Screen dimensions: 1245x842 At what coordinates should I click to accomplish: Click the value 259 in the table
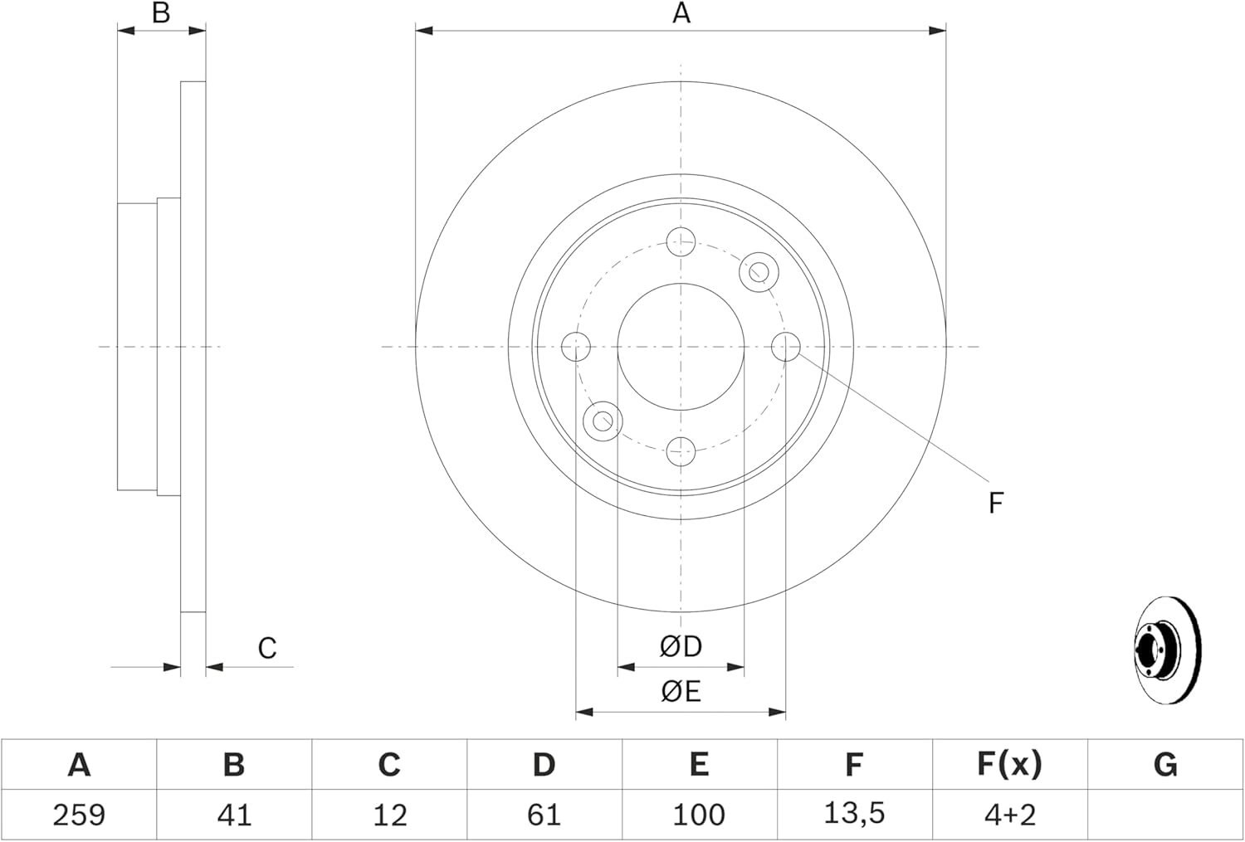click(79, 815)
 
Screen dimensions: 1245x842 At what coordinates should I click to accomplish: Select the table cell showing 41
click(234, 815)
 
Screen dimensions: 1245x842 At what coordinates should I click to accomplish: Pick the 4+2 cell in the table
click(1009, 815)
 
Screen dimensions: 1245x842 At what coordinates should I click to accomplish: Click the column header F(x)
click(1009, 764)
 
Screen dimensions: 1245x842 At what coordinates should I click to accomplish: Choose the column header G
click(1165, 765)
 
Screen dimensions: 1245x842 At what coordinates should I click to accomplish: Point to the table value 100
click(699, 815)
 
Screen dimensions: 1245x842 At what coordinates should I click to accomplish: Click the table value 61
click(544, 815)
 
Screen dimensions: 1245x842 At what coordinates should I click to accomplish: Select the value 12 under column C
click(389, 815)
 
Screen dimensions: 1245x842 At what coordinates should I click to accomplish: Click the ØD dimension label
click(681, 646)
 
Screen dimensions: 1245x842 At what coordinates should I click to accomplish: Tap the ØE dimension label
click(681, 692)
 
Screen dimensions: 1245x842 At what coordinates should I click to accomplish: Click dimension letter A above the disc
click(681, 12)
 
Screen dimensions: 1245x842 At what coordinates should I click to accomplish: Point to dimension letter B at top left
click(161, 12)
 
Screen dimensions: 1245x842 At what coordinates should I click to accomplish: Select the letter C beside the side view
click(267, 648)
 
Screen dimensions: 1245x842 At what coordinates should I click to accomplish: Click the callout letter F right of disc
click(996, 503)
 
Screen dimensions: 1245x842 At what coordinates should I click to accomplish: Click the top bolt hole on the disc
click(681, 241)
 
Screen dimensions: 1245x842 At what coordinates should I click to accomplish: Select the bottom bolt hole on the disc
click(681, 451)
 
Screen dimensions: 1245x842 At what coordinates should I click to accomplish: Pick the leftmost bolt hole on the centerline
click(576, 347)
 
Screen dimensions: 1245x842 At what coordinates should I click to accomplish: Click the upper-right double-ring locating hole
click(759, 271)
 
